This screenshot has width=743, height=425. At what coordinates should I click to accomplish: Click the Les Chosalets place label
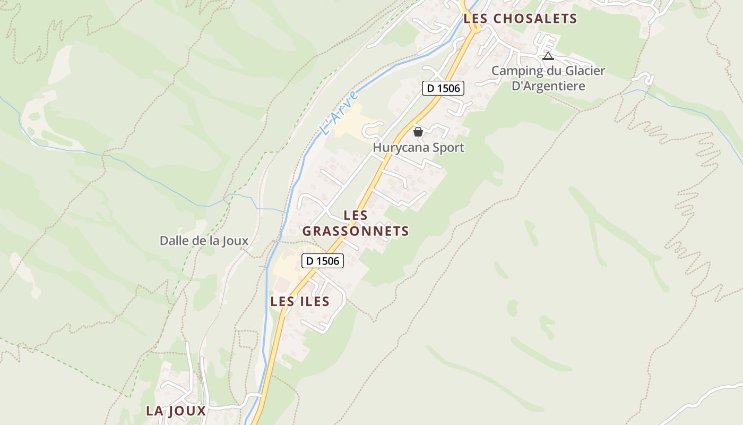point(520,19)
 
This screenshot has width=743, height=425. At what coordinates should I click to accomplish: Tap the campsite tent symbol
point(548,56)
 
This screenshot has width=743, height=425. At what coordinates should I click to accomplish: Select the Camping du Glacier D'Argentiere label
point(548,78)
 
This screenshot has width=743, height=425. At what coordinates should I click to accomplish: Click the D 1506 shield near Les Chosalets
point(443,88)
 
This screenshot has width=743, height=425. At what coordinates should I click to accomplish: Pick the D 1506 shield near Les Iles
point(323,261)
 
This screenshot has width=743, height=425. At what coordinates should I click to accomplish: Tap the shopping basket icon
point(418,132)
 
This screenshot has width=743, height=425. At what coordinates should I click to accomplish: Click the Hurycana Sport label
point(418,148)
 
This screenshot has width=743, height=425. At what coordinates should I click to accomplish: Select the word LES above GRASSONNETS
point(356,215)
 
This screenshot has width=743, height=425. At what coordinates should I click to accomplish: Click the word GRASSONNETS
point(356,231)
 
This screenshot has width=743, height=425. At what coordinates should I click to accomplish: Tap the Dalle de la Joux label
point(204,241)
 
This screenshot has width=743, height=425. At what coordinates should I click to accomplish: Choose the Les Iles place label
point(300,302)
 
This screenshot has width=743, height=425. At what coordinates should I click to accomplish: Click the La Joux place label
point(176,411)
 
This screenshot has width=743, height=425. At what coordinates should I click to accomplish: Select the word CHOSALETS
point(535,19)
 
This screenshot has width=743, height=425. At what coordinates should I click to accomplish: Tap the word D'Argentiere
point(548,86)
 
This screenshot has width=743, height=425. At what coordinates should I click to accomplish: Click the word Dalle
point(174,241)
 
